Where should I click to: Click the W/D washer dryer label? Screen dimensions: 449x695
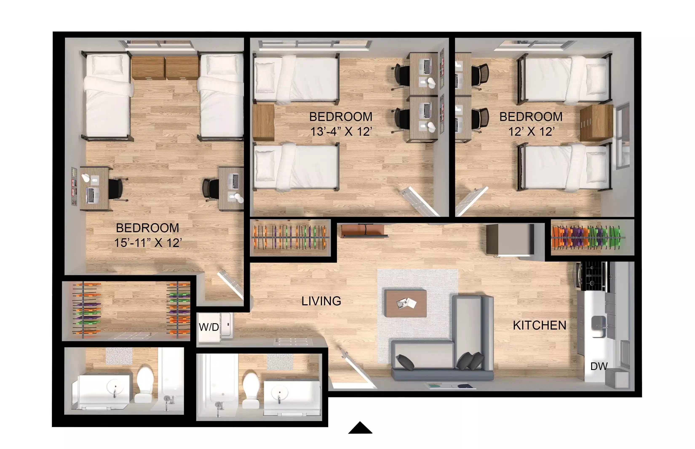(209, 327)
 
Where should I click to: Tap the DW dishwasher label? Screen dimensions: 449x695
(599, 366)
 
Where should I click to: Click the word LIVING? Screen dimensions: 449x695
(321, 301)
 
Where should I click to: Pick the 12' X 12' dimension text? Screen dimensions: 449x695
(531, 132)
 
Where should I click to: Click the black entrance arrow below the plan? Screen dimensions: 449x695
(360, 428)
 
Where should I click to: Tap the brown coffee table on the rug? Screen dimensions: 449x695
(405, 303)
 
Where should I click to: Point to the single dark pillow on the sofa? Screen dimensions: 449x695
(405, 362)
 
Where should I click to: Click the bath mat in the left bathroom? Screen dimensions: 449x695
(119, 356)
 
